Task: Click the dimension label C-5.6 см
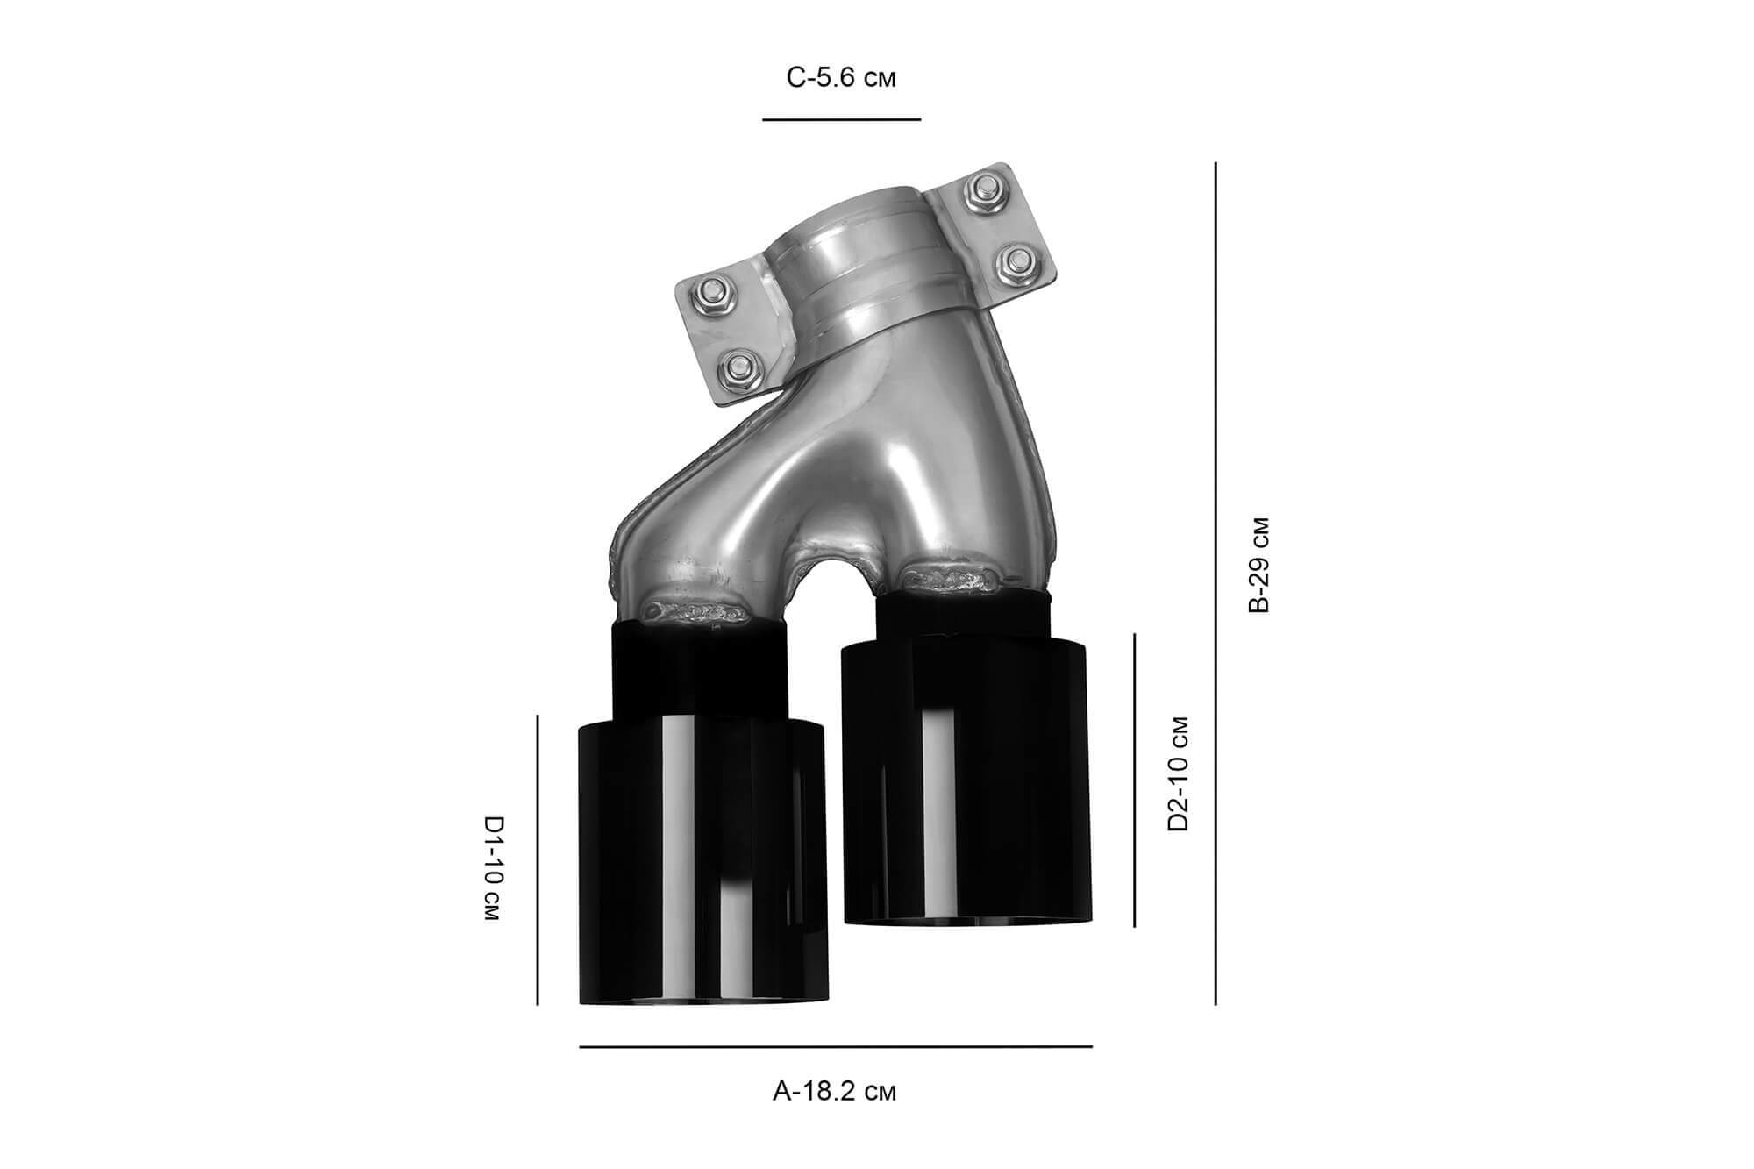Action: point(841,79)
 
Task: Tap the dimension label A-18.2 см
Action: point(835,1092)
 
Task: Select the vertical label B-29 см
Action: point(1258,565)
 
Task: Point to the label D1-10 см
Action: point(494,868)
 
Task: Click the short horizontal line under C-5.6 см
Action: point(842,118)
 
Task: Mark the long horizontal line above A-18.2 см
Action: point(836,1046)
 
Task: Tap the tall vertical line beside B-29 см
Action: point(1216,583)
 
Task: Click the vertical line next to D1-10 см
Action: point(538,859)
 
